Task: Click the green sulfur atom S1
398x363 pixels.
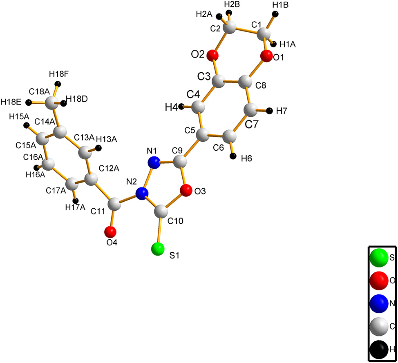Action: (158, 249)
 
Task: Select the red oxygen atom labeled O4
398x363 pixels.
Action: (110, 232)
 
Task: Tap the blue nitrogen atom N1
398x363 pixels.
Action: (154, 163)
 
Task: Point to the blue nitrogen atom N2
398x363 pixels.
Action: (142, 194)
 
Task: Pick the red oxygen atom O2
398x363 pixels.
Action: (212, 55)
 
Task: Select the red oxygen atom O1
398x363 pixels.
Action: (266, 56)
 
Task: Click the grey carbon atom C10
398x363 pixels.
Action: (161, 211)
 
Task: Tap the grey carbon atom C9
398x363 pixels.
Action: (180, 161)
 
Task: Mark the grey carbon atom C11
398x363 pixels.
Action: (114, 204)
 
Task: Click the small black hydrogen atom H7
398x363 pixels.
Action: (270, 111)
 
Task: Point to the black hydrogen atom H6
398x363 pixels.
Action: (233, 156)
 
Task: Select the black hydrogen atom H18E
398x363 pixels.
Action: (29, 102)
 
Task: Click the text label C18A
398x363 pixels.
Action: (39, 91)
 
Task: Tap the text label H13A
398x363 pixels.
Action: (107, 139)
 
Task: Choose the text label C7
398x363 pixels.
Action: (252, 125)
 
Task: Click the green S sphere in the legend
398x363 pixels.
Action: (379, 258)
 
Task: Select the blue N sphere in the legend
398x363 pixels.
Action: (379, 303)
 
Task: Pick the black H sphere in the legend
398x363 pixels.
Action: (379, 349)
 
